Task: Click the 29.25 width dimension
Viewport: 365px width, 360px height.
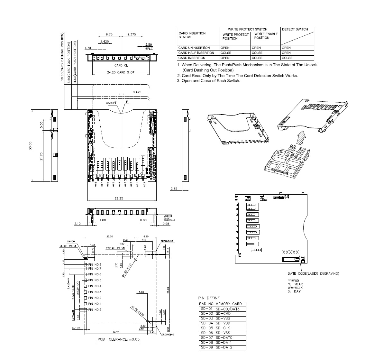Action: point(119,198)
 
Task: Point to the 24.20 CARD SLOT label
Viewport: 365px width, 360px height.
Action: point(121,72)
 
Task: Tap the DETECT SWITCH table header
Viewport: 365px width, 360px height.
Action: point(295,29)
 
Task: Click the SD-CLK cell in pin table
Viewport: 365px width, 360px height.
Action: point(223,328)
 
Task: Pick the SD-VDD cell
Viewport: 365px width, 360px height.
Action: point(223,323)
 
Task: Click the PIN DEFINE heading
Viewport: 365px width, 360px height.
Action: point(209,298)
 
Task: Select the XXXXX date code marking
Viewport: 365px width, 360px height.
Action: point(290,252)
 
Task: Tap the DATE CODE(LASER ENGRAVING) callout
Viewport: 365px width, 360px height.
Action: point(313,273)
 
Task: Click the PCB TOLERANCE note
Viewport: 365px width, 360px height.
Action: point(119,339)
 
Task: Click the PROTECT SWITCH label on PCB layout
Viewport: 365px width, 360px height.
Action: point(115,248)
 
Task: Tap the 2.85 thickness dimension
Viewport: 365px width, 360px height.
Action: point(174,189)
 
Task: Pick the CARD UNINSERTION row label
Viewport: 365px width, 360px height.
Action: point(194,48)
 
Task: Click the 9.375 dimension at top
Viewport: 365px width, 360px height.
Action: point(131,34)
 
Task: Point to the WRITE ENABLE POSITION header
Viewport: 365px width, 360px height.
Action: point(266,36)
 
